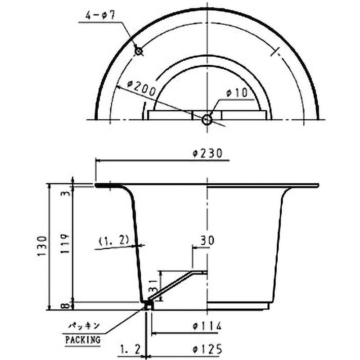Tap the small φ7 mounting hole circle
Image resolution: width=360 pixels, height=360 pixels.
pos(139,51)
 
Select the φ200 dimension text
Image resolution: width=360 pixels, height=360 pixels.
pos(142,87)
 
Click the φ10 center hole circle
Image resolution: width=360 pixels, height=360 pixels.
pos(207,120)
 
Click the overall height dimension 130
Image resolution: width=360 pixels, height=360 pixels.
pos(42,247)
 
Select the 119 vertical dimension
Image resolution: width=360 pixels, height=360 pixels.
pos(66,243)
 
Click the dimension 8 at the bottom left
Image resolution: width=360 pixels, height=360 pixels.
pos(66,306)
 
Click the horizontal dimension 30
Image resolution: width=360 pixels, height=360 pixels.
pos(207,240)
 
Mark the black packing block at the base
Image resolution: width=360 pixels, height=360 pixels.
pos(147,306)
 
